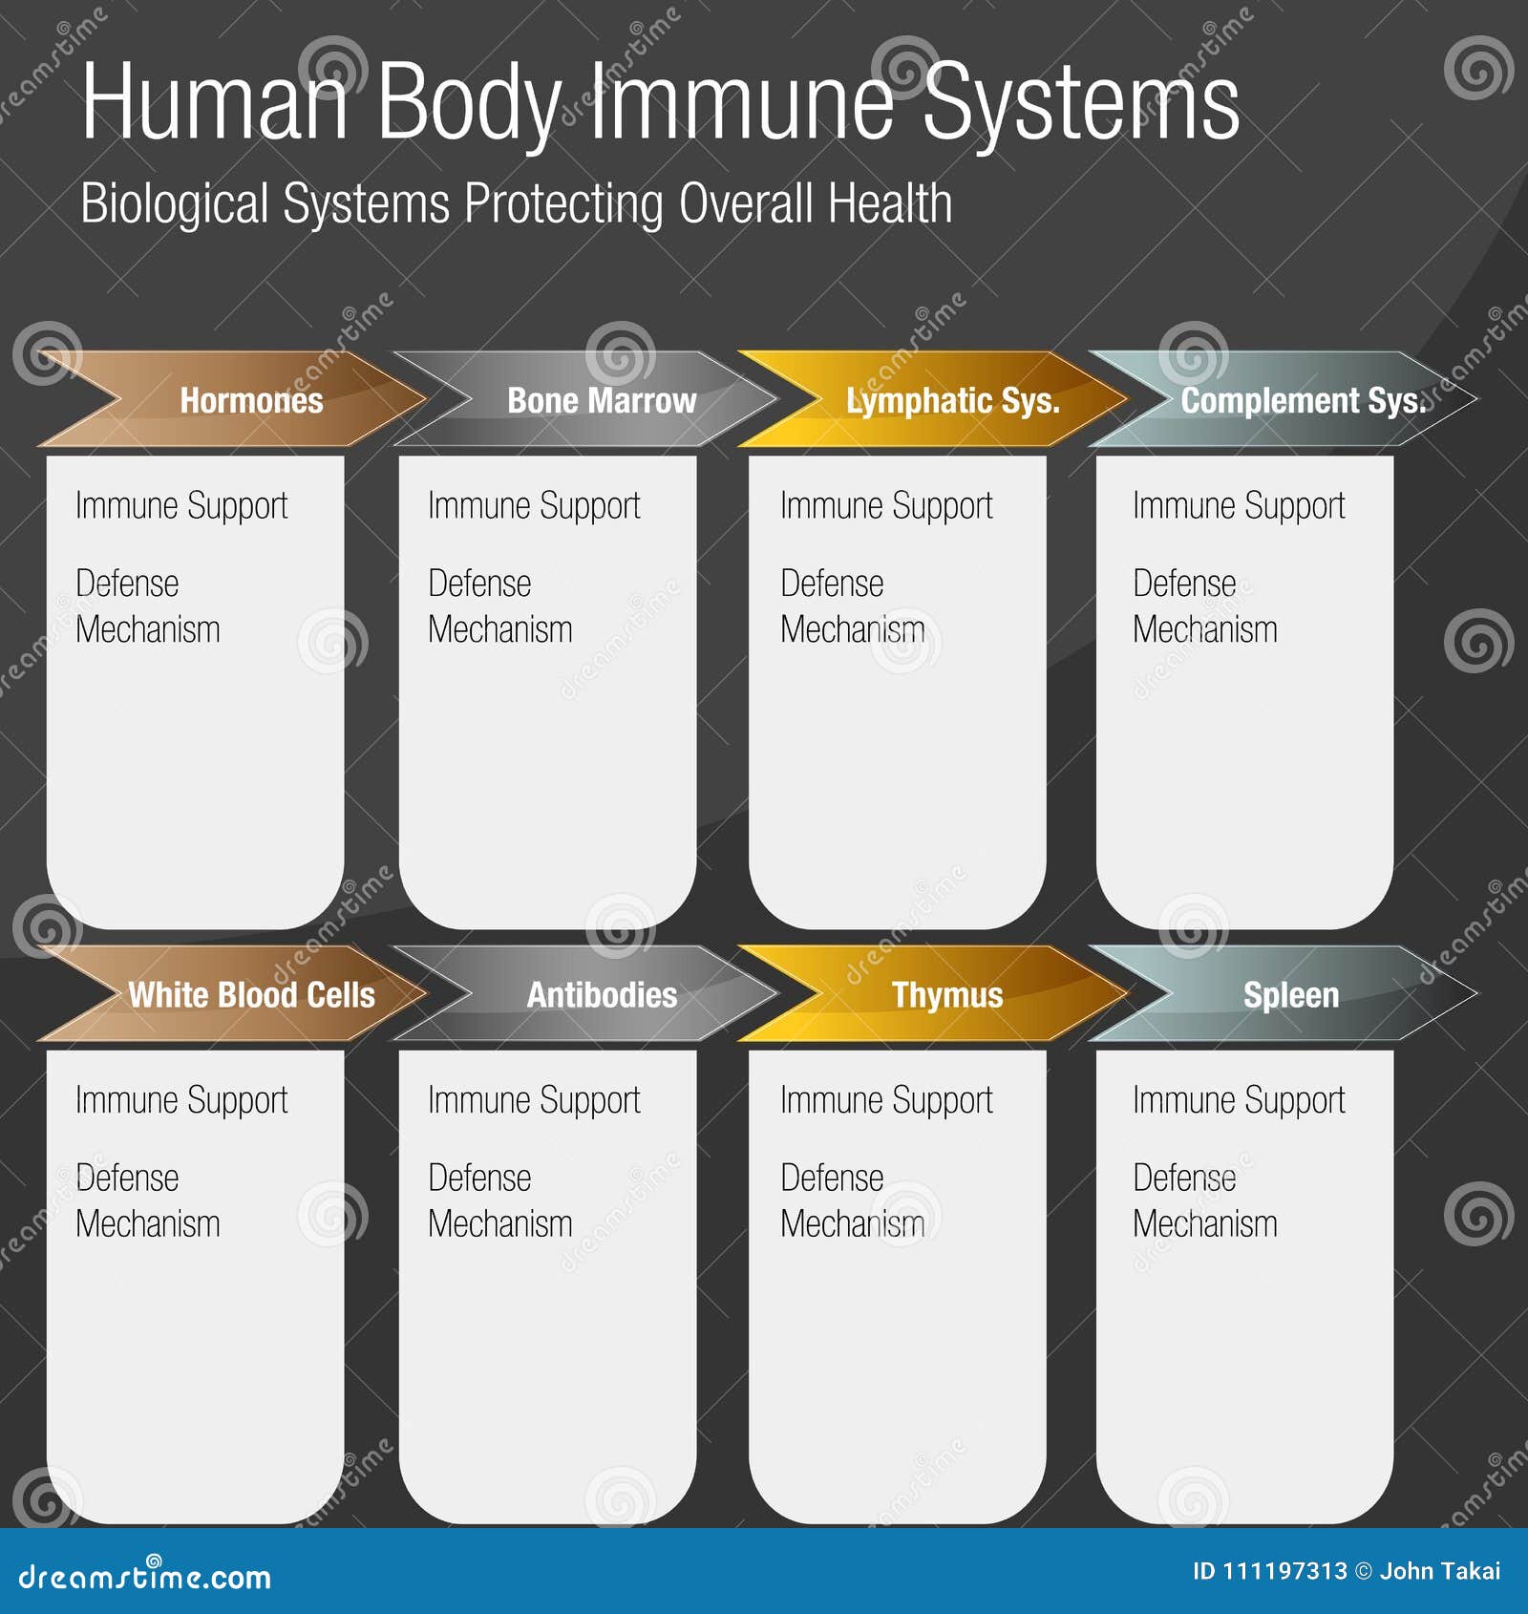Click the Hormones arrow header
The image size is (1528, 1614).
251,400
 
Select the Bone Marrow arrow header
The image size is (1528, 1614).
602,400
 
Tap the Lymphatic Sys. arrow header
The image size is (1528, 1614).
952,400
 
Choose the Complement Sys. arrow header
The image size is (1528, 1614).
1303,400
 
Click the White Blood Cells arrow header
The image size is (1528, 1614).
251,994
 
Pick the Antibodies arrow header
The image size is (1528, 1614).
602,994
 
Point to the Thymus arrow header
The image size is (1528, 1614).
947,994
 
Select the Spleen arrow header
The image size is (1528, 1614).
1290,994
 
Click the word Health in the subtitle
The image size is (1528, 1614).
890,203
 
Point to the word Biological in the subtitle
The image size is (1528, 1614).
175,203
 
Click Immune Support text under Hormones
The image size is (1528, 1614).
181,506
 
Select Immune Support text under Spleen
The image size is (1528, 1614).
1239,1100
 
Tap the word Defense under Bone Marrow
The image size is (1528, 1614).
479,583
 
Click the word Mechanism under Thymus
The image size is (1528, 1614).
852,1223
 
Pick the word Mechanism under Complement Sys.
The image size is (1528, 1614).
1204,629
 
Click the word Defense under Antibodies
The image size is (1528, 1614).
479,1178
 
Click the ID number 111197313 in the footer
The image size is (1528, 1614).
1284,1571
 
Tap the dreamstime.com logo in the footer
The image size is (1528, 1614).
145,1576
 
